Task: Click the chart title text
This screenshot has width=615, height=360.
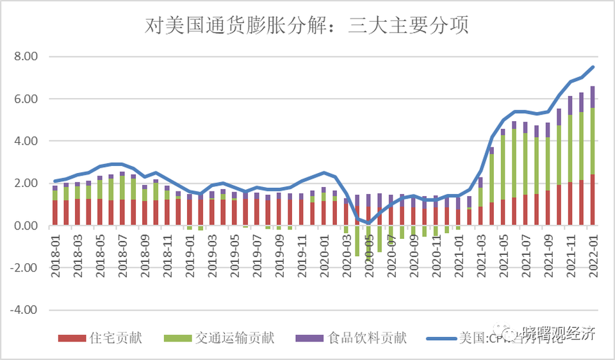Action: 307,26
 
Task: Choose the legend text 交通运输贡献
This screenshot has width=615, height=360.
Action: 234,338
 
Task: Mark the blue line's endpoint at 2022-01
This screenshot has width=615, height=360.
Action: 593,67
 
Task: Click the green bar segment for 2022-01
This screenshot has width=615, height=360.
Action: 593,141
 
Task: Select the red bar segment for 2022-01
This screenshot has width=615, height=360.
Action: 593,200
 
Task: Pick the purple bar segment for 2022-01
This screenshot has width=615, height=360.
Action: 593,97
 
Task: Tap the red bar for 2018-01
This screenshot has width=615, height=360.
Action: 55,213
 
